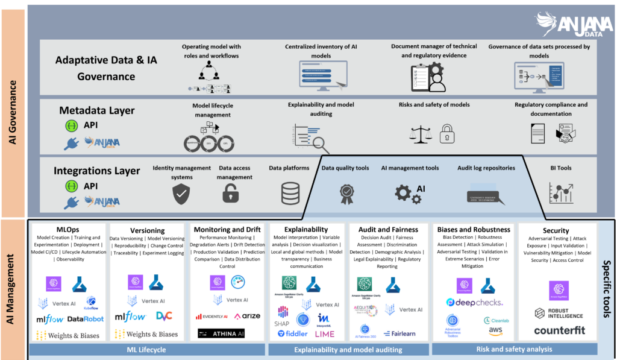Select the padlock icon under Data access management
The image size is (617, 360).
[230, 193]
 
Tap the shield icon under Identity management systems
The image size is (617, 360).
[181, 193]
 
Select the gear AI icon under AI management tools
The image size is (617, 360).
[410, 192]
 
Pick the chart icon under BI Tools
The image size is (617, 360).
[560, 192]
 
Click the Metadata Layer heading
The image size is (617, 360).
[97, 110]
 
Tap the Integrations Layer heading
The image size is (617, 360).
[97, 171]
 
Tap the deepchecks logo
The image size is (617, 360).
[474, 302]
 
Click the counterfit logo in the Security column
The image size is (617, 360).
[559, 330]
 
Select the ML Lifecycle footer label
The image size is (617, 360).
[146, 350]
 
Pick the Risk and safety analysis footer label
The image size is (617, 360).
[513, 349]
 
